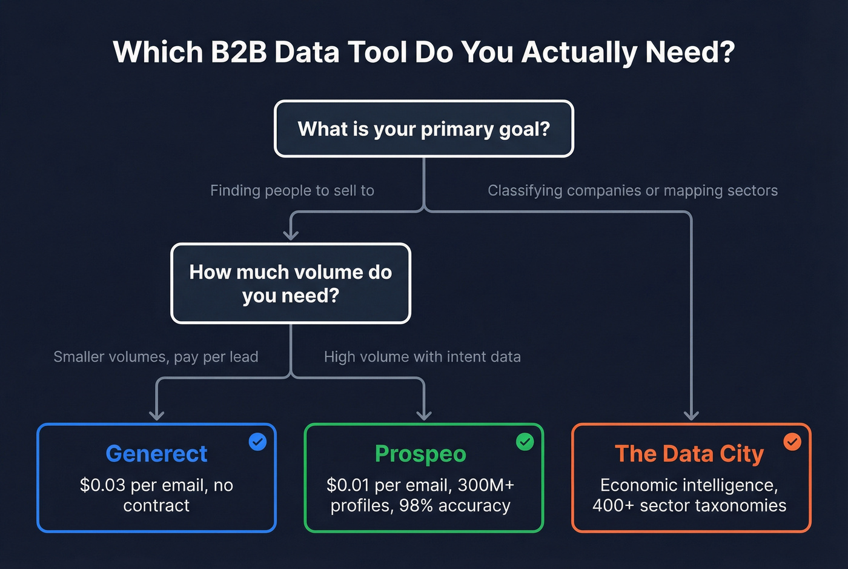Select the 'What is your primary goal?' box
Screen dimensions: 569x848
423,129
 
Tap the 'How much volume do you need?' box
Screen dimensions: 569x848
291,284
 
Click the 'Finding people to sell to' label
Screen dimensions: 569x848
292,191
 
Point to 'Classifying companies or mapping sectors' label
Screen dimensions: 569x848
632,191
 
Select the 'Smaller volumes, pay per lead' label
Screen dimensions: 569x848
156,357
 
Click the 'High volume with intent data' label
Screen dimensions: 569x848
422,357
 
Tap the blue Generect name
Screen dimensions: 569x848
156,454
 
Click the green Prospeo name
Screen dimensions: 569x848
420,454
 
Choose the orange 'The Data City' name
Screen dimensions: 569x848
689,454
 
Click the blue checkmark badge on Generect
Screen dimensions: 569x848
257,442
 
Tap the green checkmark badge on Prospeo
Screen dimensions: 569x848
525,442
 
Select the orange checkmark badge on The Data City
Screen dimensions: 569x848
792,442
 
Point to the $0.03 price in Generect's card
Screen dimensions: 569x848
102,485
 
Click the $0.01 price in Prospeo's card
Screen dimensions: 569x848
348,485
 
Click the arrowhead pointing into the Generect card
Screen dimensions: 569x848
157,415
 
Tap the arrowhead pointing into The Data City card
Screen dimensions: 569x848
691,415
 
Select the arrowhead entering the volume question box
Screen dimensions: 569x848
291,235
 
